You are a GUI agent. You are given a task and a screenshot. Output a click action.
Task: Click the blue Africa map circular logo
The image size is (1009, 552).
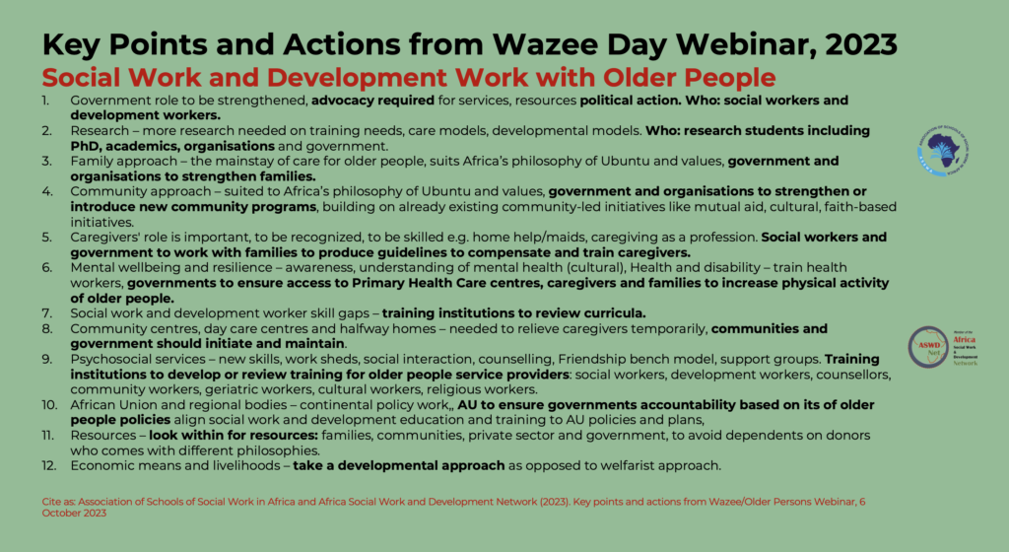point(943,151)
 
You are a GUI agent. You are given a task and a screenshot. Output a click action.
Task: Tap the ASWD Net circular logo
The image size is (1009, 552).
point(928,347)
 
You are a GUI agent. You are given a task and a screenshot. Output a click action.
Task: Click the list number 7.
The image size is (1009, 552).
point(46,313)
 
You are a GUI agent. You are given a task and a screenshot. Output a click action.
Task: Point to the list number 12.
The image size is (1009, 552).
point(49,465)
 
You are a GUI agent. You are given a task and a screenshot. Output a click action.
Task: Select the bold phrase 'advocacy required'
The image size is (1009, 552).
point(372,101)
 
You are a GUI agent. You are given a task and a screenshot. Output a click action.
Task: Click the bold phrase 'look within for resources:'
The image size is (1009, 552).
point(234,435)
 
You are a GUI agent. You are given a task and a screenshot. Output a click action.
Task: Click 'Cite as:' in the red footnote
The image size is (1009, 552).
point(58,502)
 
